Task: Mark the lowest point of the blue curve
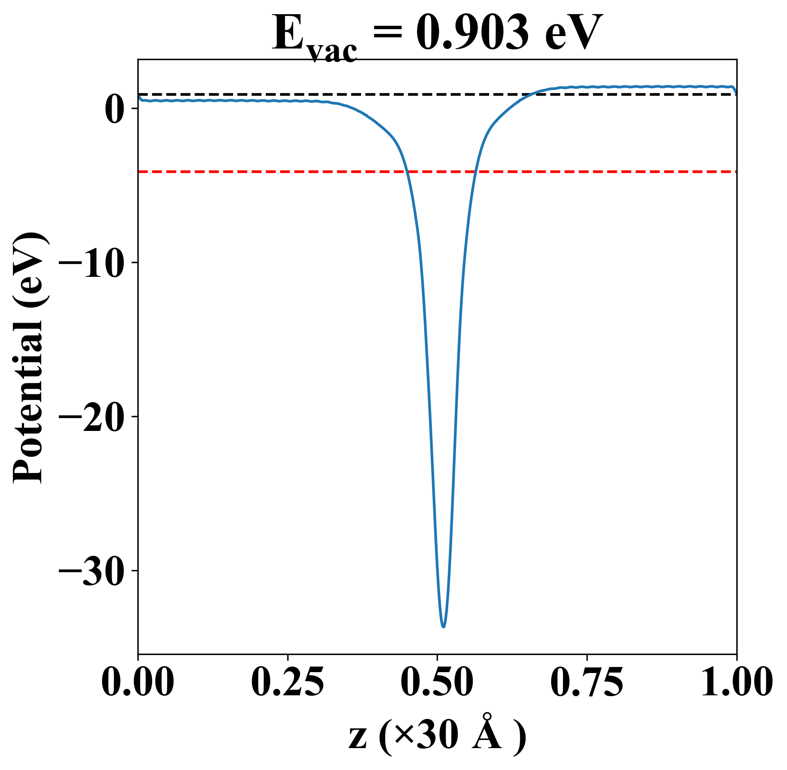(444, 627)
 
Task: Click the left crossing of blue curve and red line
(406, 172)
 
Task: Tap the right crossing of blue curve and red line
(475, 172)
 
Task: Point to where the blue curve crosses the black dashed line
(532, 94)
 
